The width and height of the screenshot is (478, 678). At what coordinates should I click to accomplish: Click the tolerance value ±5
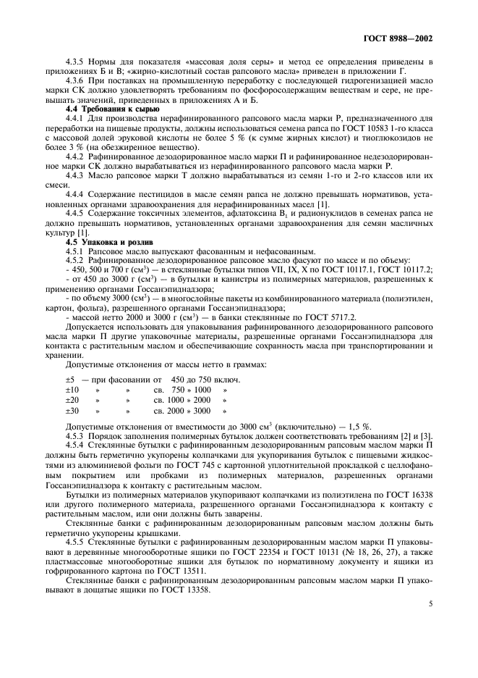[71, 380]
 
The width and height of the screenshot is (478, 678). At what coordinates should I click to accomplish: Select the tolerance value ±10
[72, 390]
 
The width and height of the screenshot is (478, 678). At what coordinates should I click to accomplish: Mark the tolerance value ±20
[72, 400]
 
